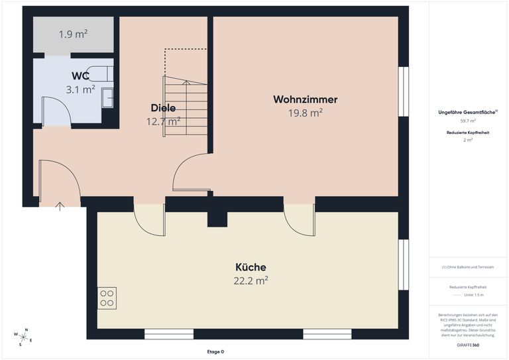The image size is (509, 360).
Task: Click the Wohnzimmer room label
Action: pos(305,99)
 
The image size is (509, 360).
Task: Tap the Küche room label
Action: pos(251,267)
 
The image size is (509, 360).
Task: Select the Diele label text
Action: pos(163,108)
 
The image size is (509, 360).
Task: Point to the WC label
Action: pos(80,76)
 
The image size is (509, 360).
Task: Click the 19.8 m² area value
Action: pos(305,113)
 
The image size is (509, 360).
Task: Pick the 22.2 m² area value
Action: pos(251,280)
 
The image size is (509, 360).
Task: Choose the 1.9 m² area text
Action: pos(74,34)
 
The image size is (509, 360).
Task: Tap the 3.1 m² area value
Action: pos(80,89)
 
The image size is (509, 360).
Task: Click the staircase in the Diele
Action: pos(186,106)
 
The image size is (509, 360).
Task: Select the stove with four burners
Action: pos(107,298)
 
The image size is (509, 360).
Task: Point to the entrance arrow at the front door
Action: pos(60,206)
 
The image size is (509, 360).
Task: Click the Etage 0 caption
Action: pos(216,351)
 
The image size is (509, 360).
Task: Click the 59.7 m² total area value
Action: pos(468,121)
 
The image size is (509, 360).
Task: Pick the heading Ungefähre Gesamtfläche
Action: pos(467,113)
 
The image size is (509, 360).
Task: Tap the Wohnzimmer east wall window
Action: pos(403,91)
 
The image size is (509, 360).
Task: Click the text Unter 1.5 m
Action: pos(474,294)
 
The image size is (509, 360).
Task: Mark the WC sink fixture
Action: pos(107,97)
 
